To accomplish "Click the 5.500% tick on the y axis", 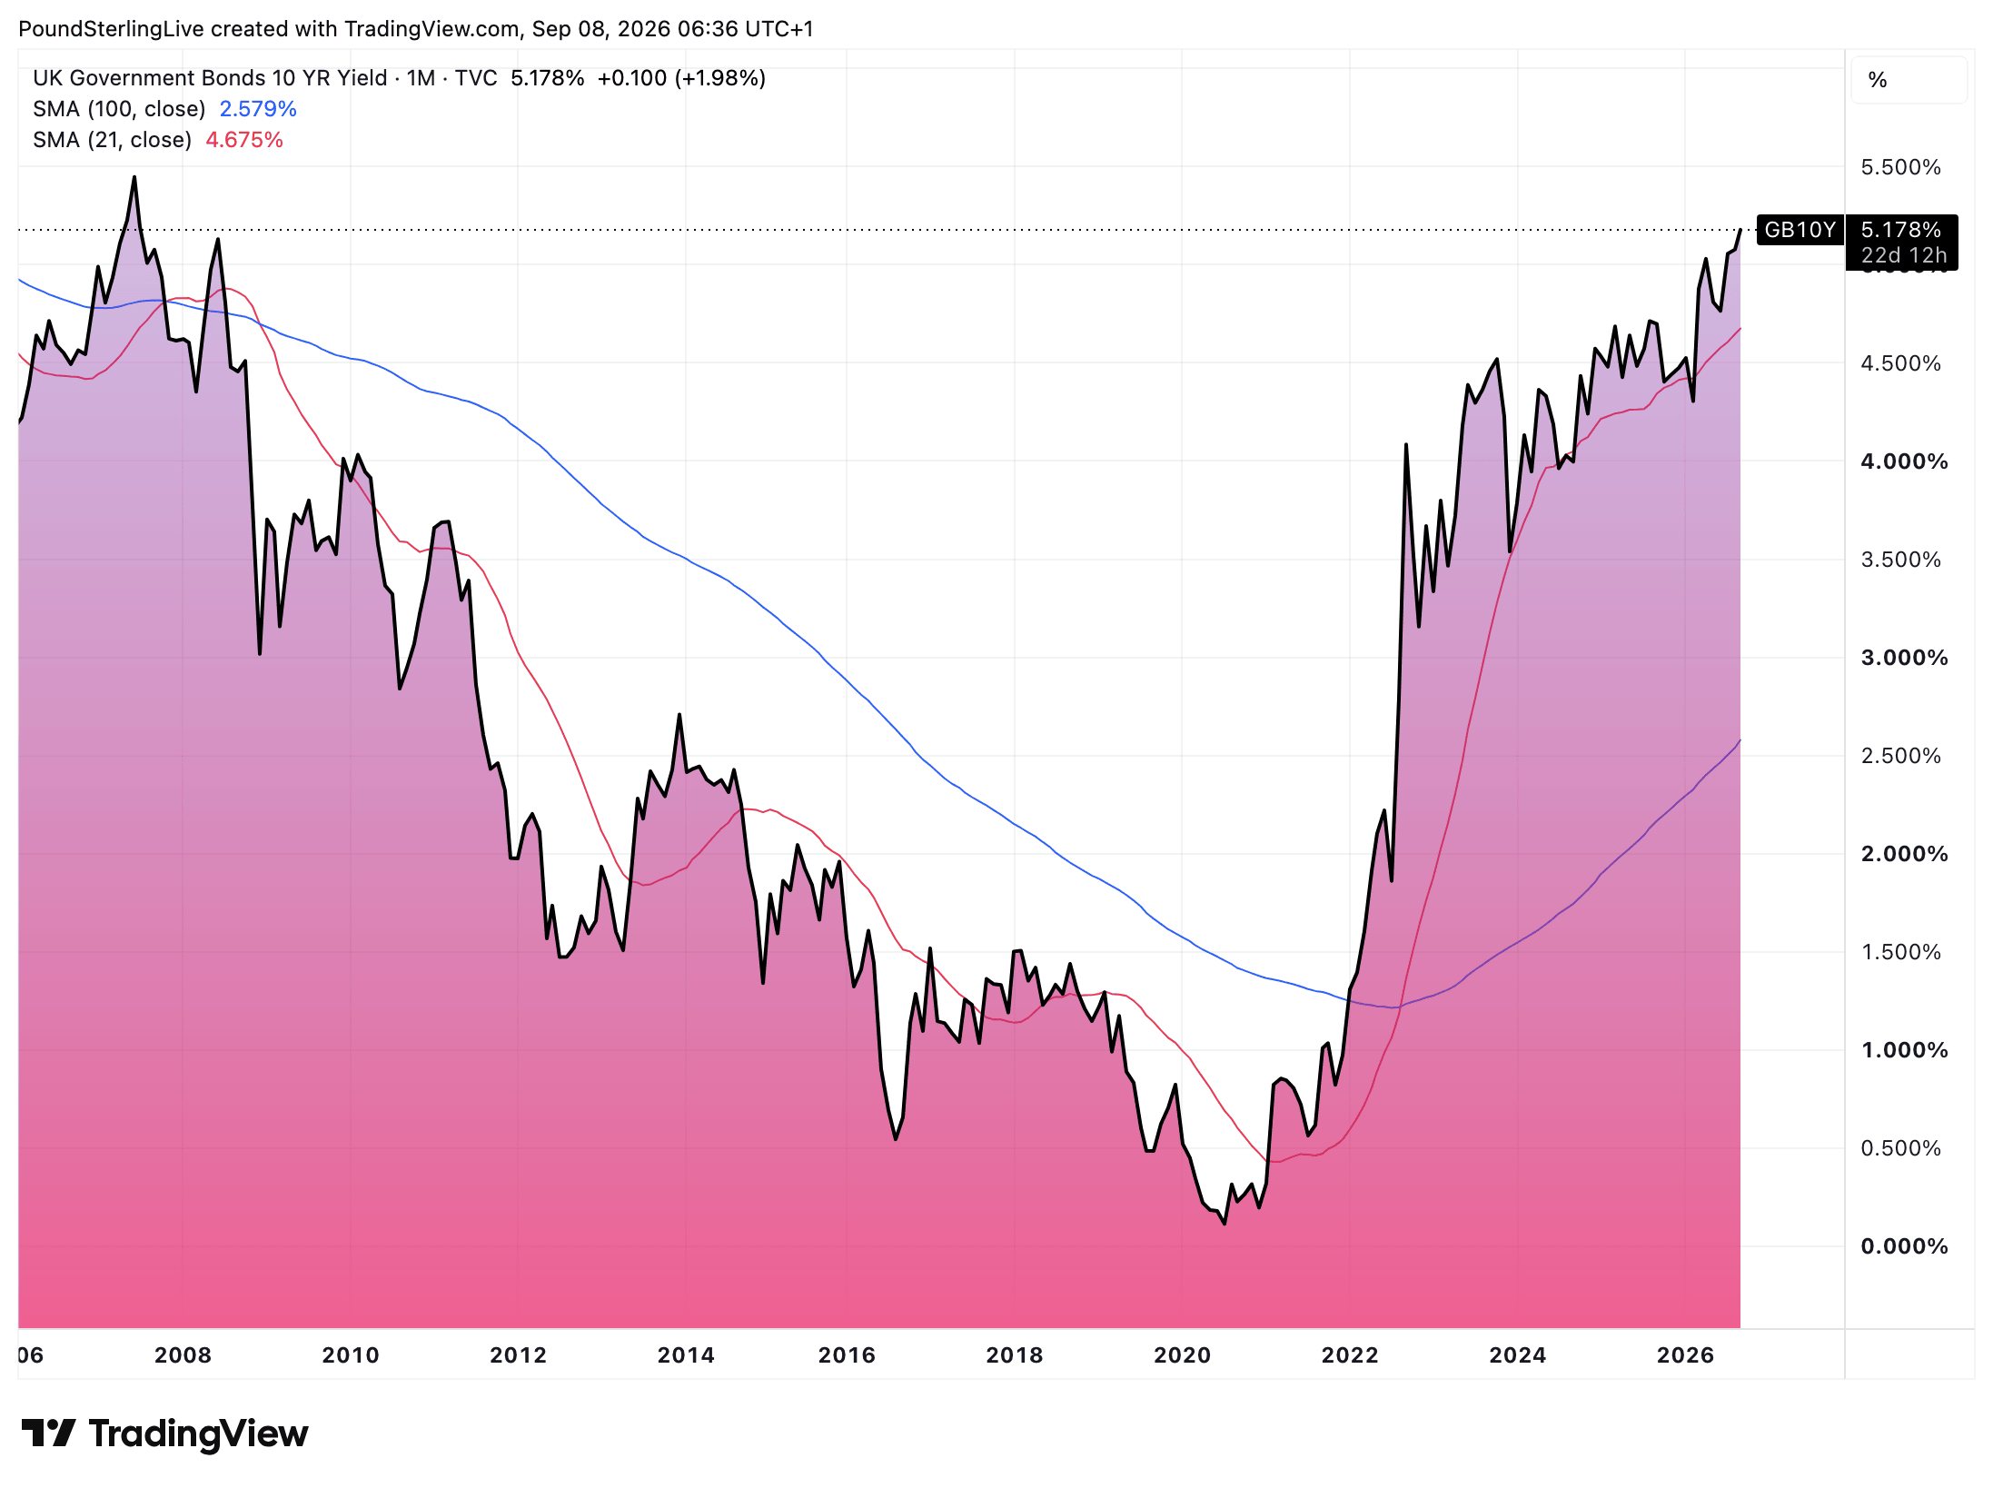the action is pos(1900,167).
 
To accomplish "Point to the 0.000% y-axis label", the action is pos(1904,1246).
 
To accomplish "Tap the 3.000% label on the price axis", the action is pos(1904,658).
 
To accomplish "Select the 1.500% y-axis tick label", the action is pos(1900,952).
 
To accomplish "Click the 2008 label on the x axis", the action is pos(183,1355).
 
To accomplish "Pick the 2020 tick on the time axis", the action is pos(1182,1355).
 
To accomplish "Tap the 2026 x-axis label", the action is pos(1685,1355).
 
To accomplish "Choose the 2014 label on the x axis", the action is pos(686,1355).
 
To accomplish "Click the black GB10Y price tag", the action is pos(1799,230).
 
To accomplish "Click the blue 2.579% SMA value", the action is pos(258,109).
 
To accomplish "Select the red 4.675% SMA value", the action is pos(244,140).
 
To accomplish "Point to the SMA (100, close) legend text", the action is pos(119,109).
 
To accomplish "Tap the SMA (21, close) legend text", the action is pos(112,140).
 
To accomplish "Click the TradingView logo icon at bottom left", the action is pos(48,1433).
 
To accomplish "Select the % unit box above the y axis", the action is pos(1909,80).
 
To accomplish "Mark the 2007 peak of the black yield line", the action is pos(134,177).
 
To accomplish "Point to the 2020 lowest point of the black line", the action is pos(1225,1224).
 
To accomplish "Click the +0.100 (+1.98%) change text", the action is pos(681,78).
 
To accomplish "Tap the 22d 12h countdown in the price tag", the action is pos(1904,255).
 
